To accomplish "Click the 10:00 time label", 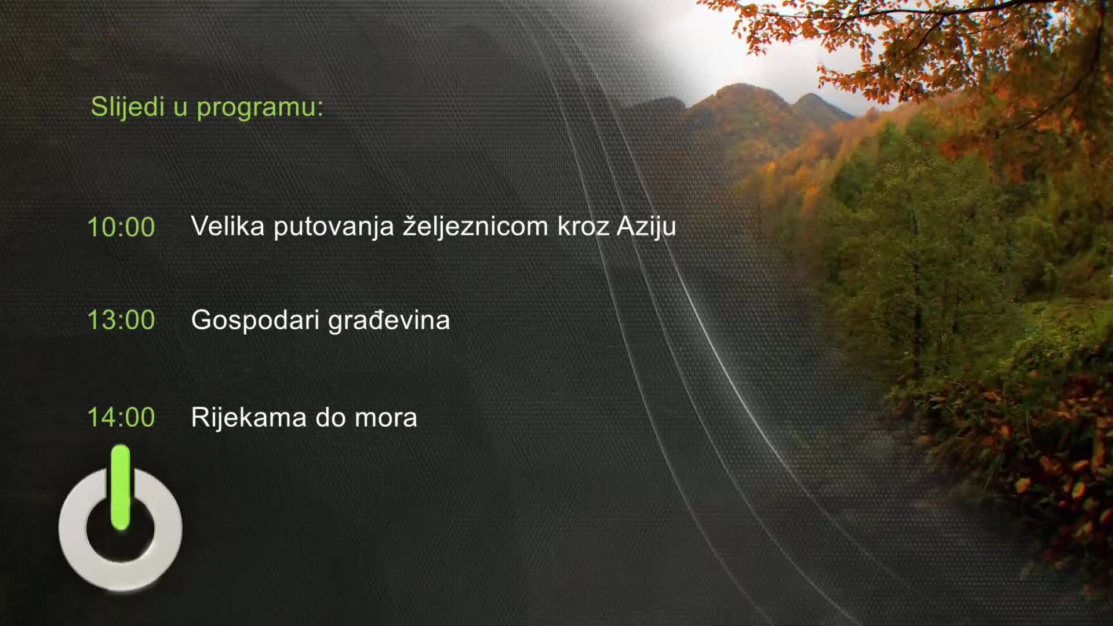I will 121,227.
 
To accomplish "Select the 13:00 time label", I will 121,320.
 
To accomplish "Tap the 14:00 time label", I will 121,417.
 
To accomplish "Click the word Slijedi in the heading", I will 128,107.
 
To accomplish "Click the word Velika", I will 227,226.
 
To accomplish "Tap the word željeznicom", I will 475,226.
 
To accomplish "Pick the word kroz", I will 583,227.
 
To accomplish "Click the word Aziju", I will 646,227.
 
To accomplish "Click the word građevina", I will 389,321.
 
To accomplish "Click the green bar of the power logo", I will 120,487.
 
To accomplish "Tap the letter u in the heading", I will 180,108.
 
